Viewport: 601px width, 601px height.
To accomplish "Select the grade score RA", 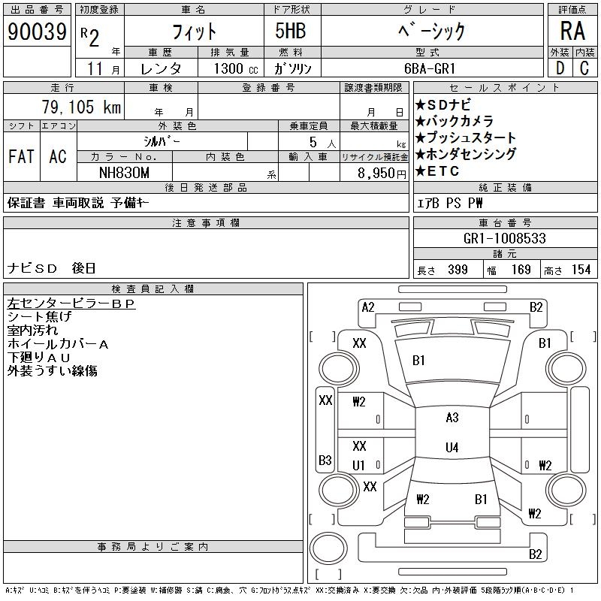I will [572, 32].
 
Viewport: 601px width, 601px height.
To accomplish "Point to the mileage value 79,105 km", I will [89, 107].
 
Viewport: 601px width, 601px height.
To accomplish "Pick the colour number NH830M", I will [125, 172].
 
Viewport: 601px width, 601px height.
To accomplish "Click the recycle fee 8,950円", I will [383, 172].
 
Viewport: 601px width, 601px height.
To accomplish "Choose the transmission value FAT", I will [21, 156].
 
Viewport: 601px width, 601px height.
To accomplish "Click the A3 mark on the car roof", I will [452, 418].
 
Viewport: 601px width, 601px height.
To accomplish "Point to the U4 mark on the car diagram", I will [452, 448].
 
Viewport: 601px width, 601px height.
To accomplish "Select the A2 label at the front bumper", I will [368, 307].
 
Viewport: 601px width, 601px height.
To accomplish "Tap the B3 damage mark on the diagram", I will [325, 460].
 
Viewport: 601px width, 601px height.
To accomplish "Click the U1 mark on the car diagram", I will [359, 466].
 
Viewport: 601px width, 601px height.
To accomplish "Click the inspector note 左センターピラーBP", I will [71, 304].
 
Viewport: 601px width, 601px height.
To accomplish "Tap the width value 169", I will [520, 270].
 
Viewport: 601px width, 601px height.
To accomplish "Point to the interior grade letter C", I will [584, 68].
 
